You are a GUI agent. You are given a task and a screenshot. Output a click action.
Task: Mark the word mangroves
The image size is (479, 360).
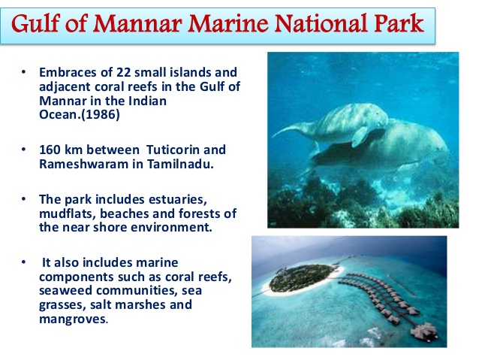72,319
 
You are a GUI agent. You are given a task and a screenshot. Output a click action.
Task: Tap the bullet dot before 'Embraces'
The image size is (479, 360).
23,74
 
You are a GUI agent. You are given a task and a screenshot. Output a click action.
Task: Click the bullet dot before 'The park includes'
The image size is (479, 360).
23,199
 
